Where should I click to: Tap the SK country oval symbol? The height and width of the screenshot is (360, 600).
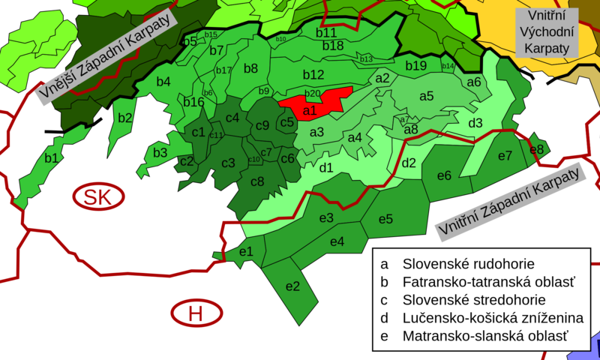(x=94, y=197)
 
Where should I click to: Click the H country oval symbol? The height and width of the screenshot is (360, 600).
(x=195, y=314)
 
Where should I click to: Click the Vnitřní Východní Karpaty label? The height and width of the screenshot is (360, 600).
(x=547, y=31)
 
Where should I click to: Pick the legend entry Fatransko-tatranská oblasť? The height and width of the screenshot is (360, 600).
(x=487, y=282)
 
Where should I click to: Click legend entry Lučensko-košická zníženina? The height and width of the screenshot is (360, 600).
(x=492, y=318)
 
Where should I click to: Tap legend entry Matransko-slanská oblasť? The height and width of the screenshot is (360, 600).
(x=484, y=336)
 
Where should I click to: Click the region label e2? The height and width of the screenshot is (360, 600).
(x=292, y=286)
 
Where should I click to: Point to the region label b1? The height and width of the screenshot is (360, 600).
(x=52, y=158)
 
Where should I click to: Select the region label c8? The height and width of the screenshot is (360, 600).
(x=257, y=181)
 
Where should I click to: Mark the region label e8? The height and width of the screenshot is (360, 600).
(x=536, y=148)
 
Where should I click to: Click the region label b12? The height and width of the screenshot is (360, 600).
(x=313, y=74)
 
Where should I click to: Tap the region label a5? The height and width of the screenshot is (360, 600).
(x=426, y=95)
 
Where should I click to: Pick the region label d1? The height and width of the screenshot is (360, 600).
(x=326, y=167)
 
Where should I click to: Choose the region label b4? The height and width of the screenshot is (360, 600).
(x=163, y=81)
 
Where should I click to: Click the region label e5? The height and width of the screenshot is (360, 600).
(x=385, y=219)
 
